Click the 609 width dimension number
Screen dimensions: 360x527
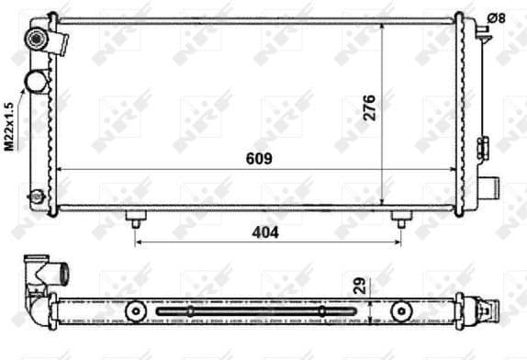click(260, 158)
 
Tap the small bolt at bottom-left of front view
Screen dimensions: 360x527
click(36, 195)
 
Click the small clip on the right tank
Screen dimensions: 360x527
click(480, 146)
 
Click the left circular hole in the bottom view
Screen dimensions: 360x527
click(137, 311)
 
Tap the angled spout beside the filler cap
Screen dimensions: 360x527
click(62, 42)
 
